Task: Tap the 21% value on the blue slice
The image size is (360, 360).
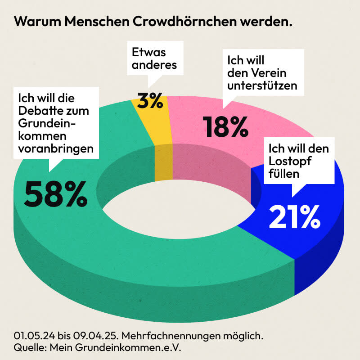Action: [x=294, y=216]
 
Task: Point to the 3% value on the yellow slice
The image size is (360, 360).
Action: [x=151, y=101]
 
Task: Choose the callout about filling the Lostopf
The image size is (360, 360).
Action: [x=299, y=161]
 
